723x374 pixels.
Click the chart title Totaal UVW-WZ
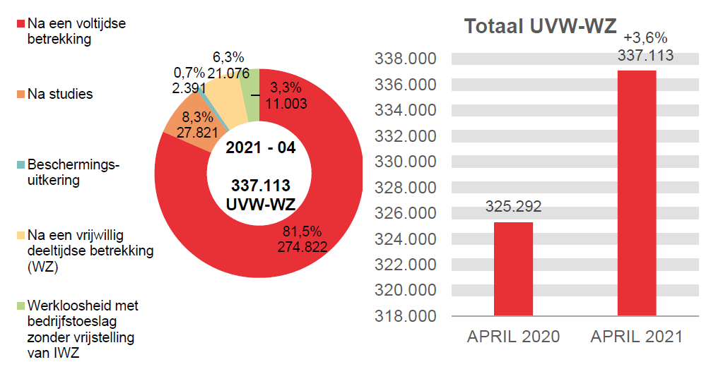click(x=541, y=26)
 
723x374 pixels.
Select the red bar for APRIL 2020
click(x=513, y=268)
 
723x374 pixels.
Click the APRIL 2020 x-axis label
click(x=513, y=337)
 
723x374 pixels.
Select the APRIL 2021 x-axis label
click(x=637, y=337)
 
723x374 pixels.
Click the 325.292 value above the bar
click(x=513, y=207)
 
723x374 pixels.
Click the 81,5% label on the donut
click(x=302, y=231)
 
